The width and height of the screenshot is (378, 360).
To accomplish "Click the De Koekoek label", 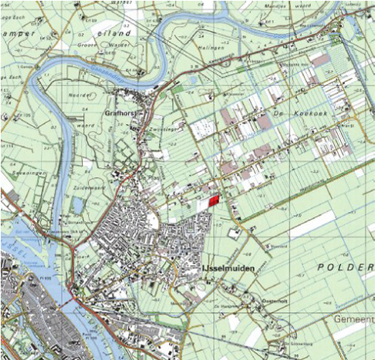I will point(312,112).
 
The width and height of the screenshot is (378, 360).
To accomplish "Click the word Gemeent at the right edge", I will point(356,318).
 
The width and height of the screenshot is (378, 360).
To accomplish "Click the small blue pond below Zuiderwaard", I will point(79,205).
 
